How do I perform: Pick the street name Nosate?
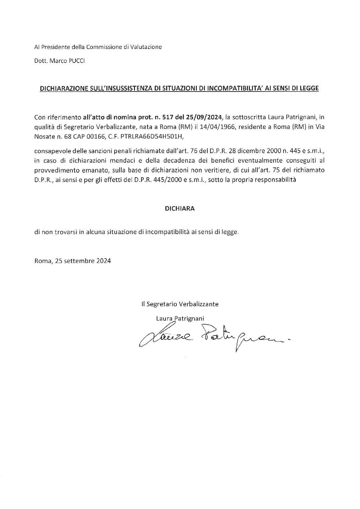(x=43, y=137)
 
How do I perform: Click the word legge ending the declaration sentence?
(x=231, y=233)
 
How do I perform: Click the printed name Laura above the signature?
(x=164, y=318)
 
